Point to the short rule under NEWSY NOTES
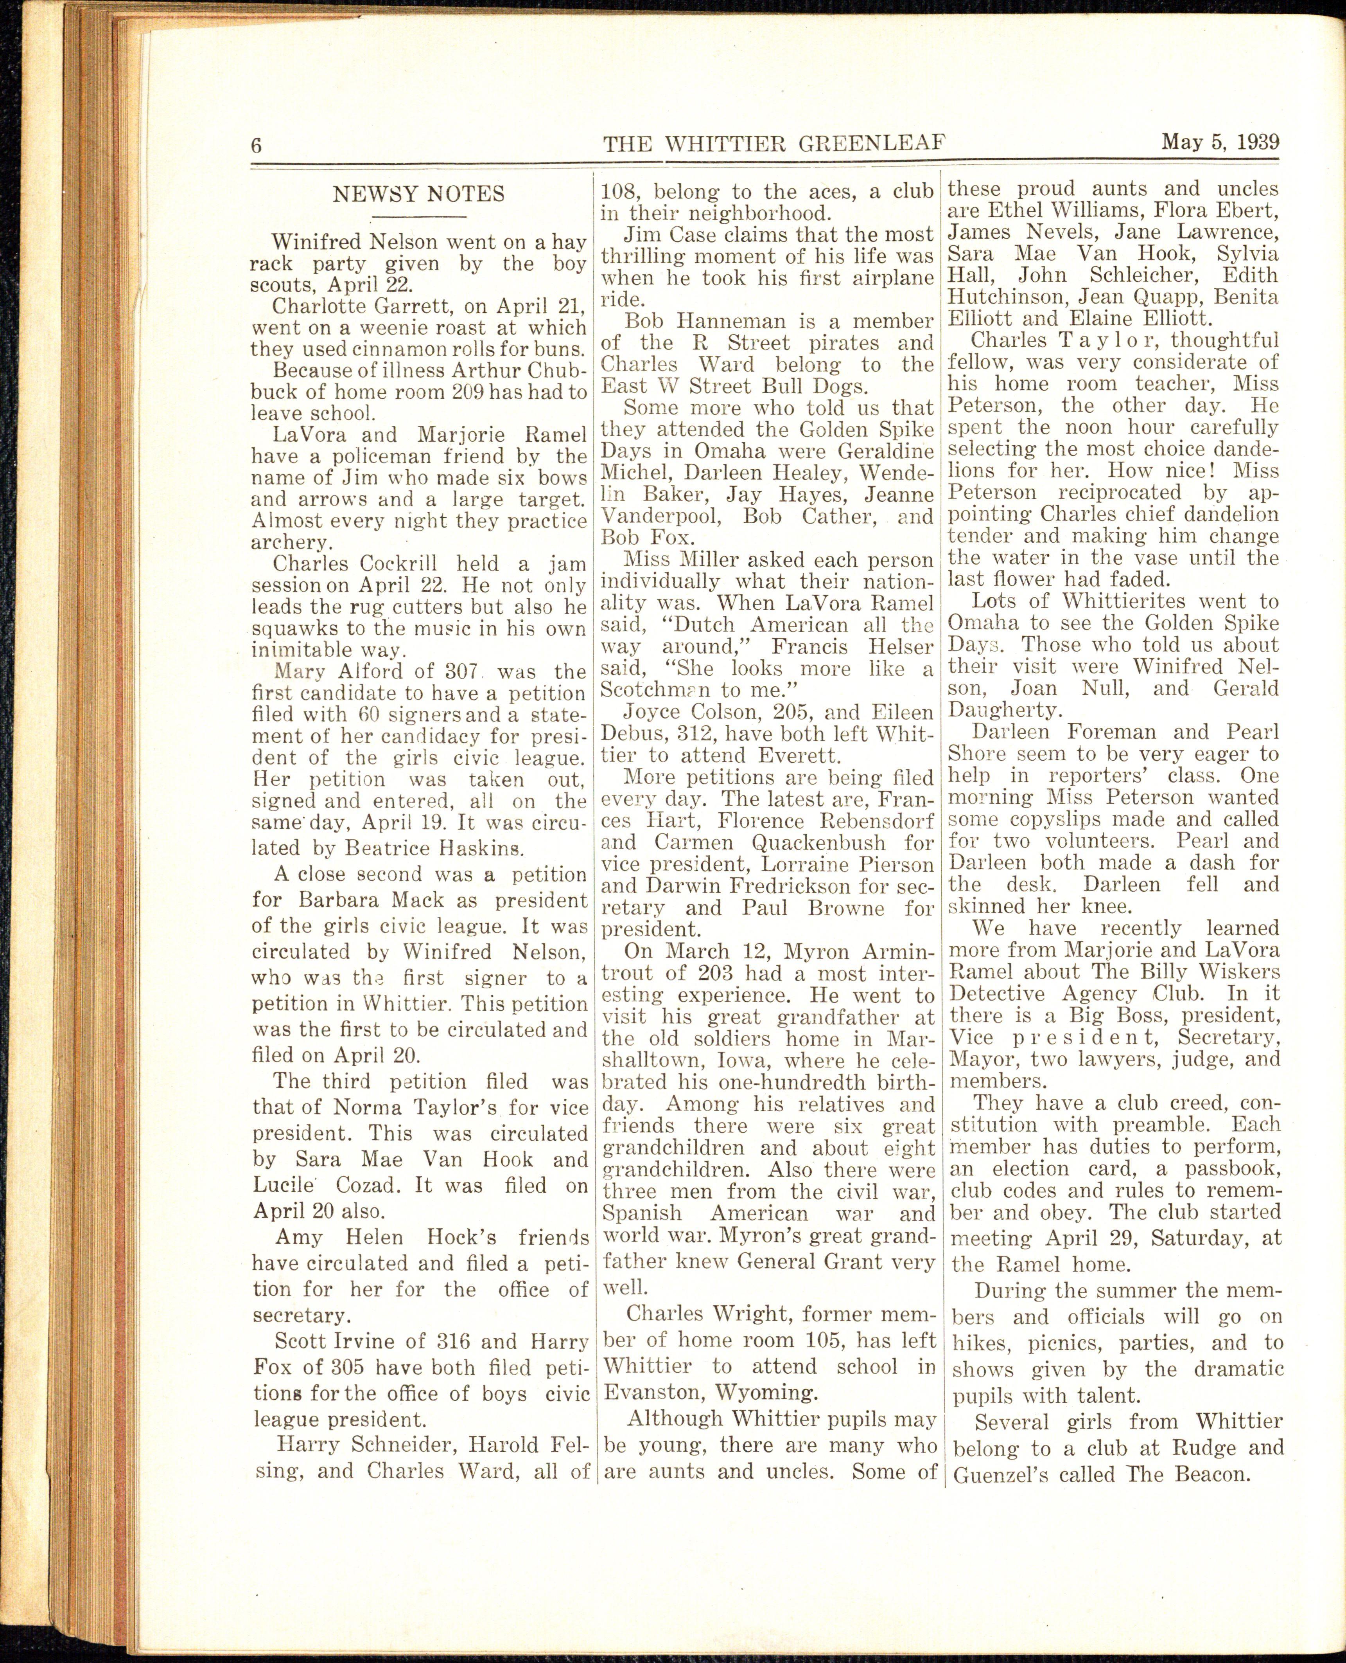click(x=419, y=216)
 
